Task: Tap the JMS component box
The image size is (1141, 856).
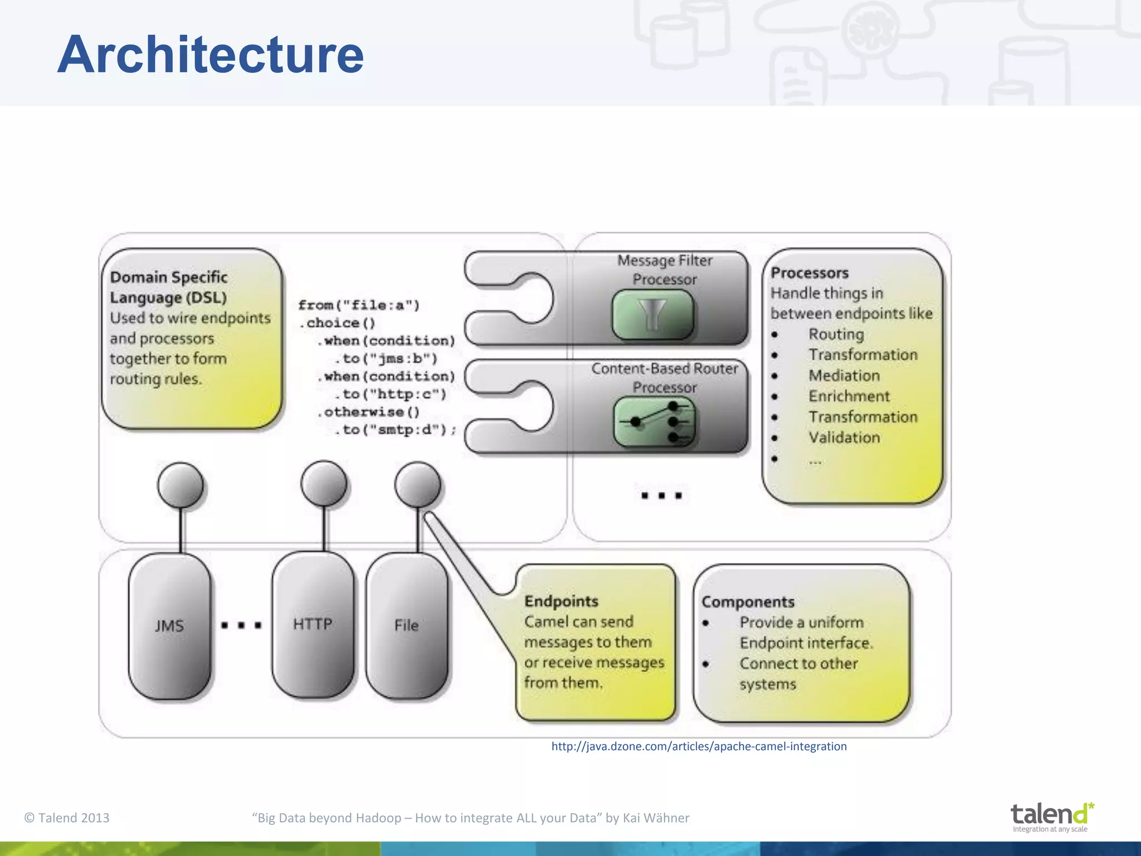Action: (x=169, y=625)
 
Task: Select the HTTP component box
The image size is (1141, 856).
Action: (x=313, y=624)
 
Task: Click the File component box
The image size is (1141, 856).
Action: (x=407, y=625)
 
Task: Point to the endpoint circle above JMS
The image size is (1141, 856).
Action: (x=180, y=485)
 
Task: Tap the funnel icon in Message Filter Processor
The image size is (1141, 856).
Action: (x=652, y=315)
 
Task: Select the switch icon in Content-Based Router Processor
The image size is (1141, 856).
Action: (x=654, y=422)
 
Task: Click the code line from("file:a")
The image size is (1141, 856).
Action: (x=359, y=305)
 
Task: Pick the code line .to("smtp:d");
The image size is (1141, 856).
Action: (x=395, y=430)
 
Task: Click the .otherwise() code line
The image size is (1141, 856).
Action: (x=368, y=412)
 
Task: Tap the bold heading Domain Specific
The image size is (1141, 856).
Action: (x=169, y=277)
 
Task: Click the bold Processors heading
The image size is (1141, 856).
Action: (x=809, y=273)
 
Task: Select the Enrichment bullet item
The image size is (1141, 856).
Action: (x=849, y=396)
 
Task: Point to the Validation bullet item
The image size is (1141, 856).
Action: (x=844, y=437)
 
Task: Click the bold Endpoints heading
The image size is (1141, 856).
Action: (x=561, y=601)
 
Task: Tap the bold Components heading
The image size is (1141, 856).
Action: (x=748, y=602)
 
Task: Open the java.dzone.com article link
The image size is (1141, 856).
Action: (x=699, y=746)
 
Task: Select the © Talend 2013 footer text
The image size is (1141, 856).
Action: (x=67, y=818)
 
